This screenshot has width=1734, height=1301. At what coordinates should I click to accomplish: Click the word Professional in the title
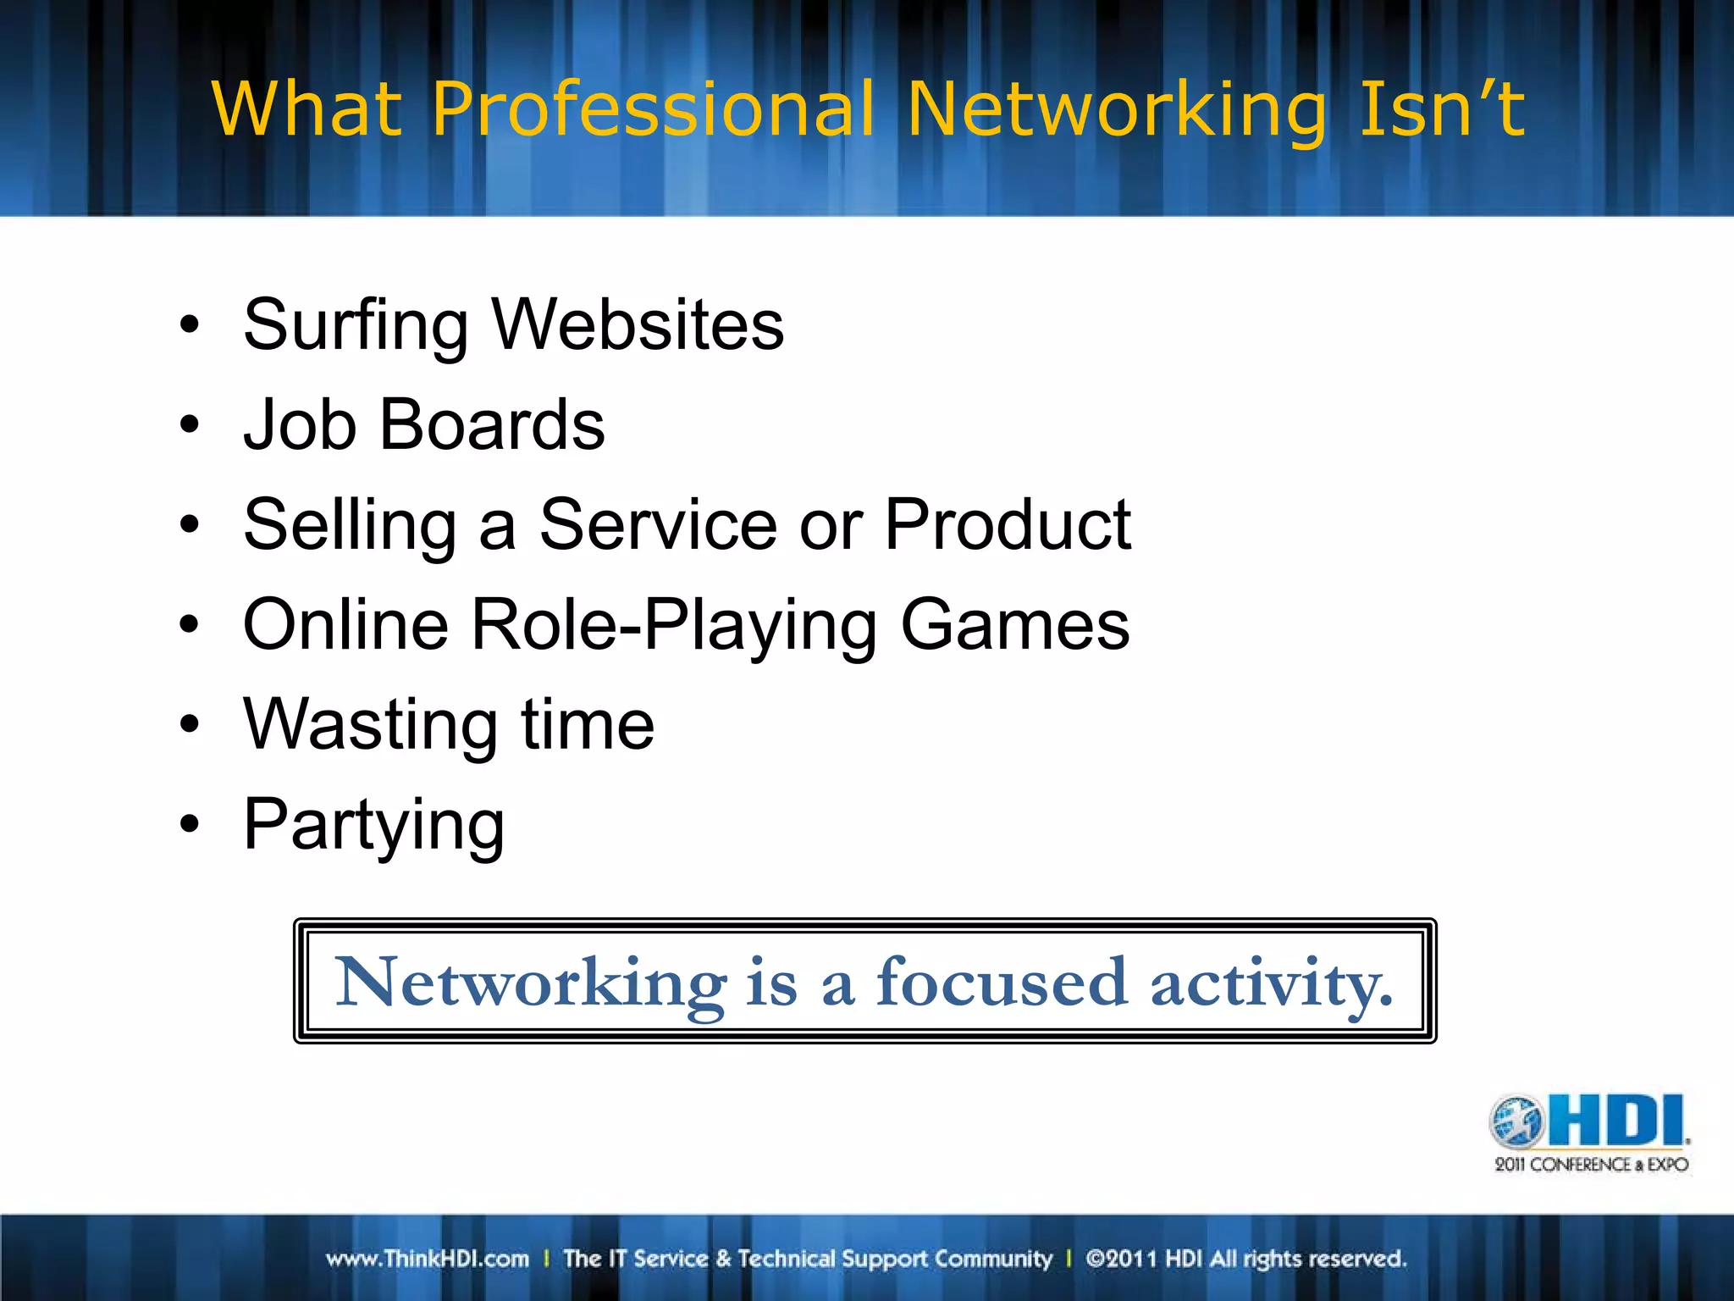(x=652, y=110)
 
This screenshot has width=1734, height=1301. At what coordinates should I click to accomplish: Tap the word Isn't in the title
(x=1441, y=110)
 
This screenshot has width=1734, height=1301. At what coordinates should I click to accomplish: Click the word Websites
(x=638, y=325)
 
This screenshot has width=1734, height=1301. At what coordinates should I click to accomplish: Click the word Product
(x=1008, y=525)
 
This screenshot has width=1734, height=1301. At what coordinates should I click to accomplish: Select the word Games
(x=1014, y=625)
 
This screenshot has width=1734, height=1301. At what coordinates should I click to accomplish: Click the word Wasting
(x=370, y=725)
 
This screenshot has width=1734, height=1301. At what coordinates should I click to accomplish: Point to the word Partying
(x=373, y=826)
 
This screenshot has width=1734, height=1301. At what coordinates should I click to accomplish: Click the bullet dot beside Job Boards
(x=190, y=424)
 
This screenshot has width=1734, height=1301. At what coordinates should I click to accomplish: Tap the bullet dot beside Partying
(x=190, y=824)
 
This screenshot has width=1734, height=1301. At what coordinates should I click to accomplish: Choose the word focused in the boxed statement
(x=1002, y=983)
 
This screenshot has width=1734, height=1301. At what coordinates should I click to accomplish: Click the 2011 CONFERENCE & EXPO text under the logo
(x=1591, y=1165)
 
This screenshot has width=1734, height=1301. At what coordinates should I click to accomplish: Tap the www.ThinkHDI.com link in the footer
(x=427, y=1259)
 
